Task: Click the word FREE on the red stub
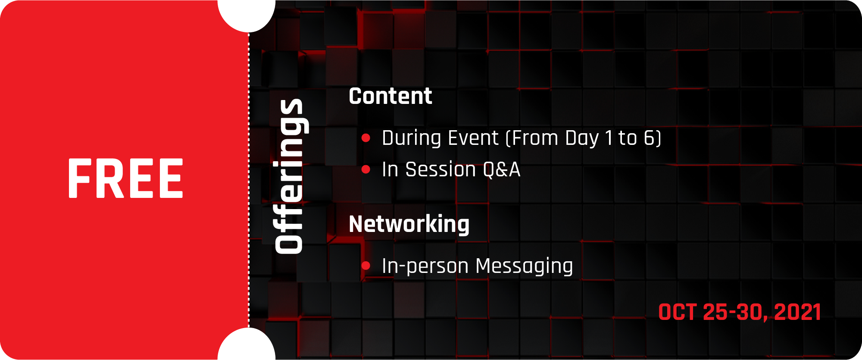[x=125, y=178]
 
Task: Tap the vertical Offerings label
[x=289, y=176]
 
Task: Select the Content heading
[x=390, y=96]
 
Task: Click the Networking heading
[x=409, y=224]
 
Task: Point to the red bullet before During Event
[x=366, y=138]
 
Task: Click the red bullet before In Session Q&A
[x=366, y=169]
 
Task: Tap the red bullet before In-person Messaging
[x=366, y=266]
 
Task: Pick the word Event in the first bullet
[x=473, y=138]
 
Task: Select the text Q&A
[x=502, y=169]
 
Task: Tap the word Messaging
[x=525, y=266]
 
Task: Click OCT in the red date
[x=678, y=312]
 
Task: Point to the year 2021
[x=797, y=312]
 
